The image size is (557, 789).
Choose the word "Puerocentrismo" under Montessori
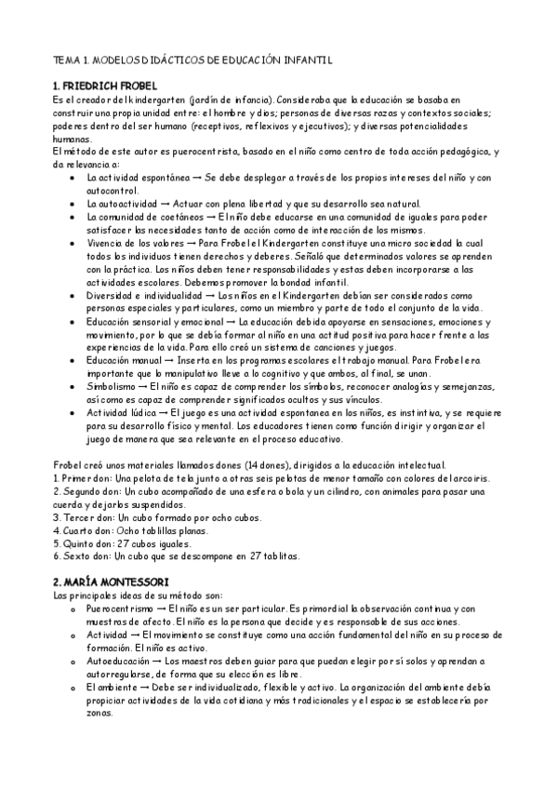click(122, 607)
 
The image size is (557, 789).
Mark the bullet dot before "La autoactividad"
click(74, 203)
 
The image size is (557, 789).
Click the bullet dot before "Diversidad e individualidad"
click(74, 294)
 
